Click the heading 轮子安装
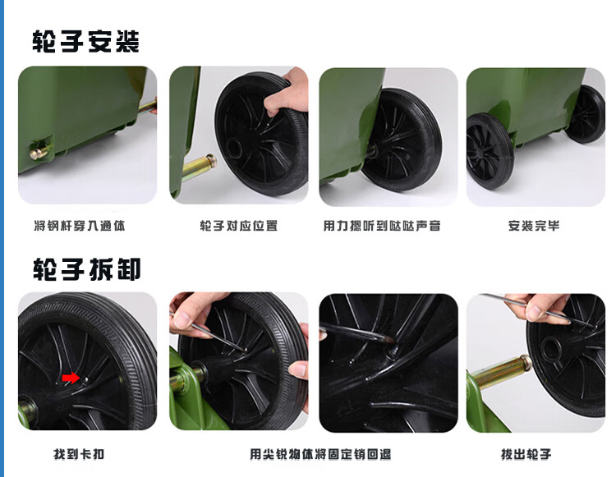pyautogui.click(x=85, y=41)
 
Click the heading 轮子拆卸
pyautogui.click(x=86, y=269)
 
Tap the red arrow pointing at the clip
pyautogui.click(x=71, y=378)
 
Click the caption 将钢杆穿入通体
pyautogui.click(x=80, y=226)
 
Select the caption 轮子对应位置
pyautogui.click(x=239, y=226)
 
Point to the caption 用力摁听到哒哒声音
pyautogui.click(x=382, y=226)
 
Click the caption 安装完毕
pyautogui.click(x=534, y=226)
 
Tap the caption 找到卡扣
pyautogui.click(x=79, y=454)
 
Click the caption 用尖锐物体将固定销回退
pyautogui.click(x=320, y=454)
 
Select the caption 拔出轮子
pyautogui.click(x=526, y=454)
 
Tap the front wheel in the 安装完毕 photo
pyautogui.click(x=489, y=151)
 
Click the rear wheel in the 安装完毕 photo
pyautogui.click(x=585, y=114)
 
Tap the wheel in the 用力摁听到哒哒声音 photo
pyautogui.click(x=402, y=140)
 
